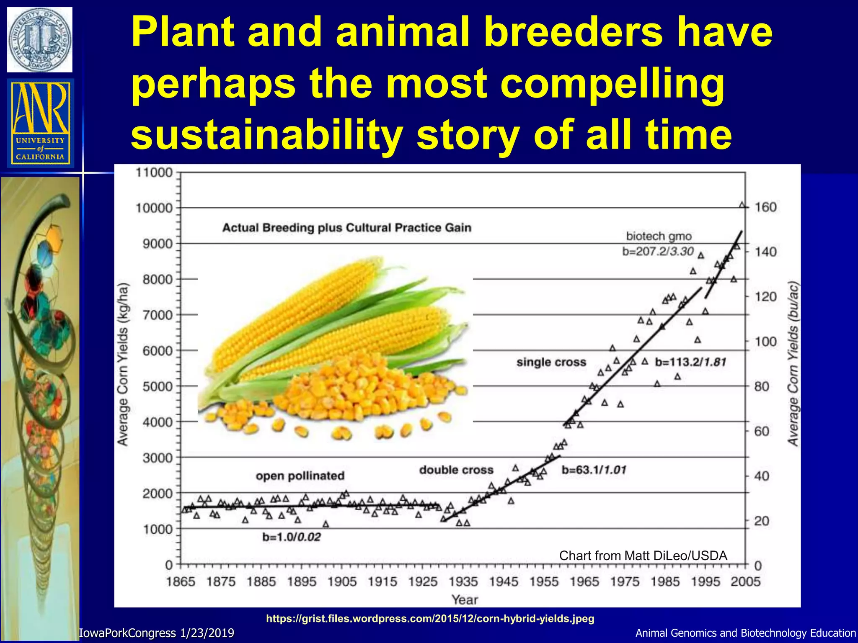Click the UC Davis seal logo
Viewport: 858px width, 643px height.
coord(40,40)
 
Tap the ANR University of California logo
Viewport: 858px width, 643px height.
coord(40,123)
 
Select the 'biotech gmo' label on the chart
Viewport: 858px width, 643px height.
coord(659,237)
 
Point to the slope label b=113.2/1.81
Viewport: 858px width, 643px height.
coord(690,362)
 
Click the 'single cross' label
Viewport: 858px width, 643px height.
coord(551,362)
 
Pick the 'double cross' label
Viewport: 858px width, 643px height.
coord(456,470)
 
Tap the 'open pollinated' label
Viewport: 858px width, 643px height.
coord(300,476)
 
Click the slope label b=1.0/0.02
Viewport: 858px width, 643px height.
coord(292,537)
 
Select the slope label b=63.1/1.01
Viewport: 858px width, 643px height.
coord(594,470)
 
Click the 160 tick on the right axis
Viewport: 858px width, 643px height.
coord(765,207)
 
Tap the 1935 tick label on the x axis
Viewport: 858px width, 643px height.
coord(463,581)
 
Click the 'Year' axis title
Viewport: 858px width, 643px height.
coord(465,599)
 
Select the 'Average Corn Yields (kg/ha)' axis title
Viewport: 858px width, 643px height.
coord(122,365)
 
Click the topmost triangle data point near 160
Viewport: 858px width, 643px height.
coord(742,205)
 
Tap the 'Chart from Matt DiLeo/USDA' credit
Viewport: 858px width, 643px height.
coord(643,556)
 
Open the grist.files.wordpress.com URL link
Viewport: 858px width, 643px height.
coord(430,618)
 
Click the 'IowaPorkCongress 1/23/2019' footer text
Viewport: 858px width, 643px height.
coord(157,633)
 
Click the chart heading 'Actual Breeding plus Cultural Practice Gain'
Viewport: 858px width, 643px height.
coord(346,228)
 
